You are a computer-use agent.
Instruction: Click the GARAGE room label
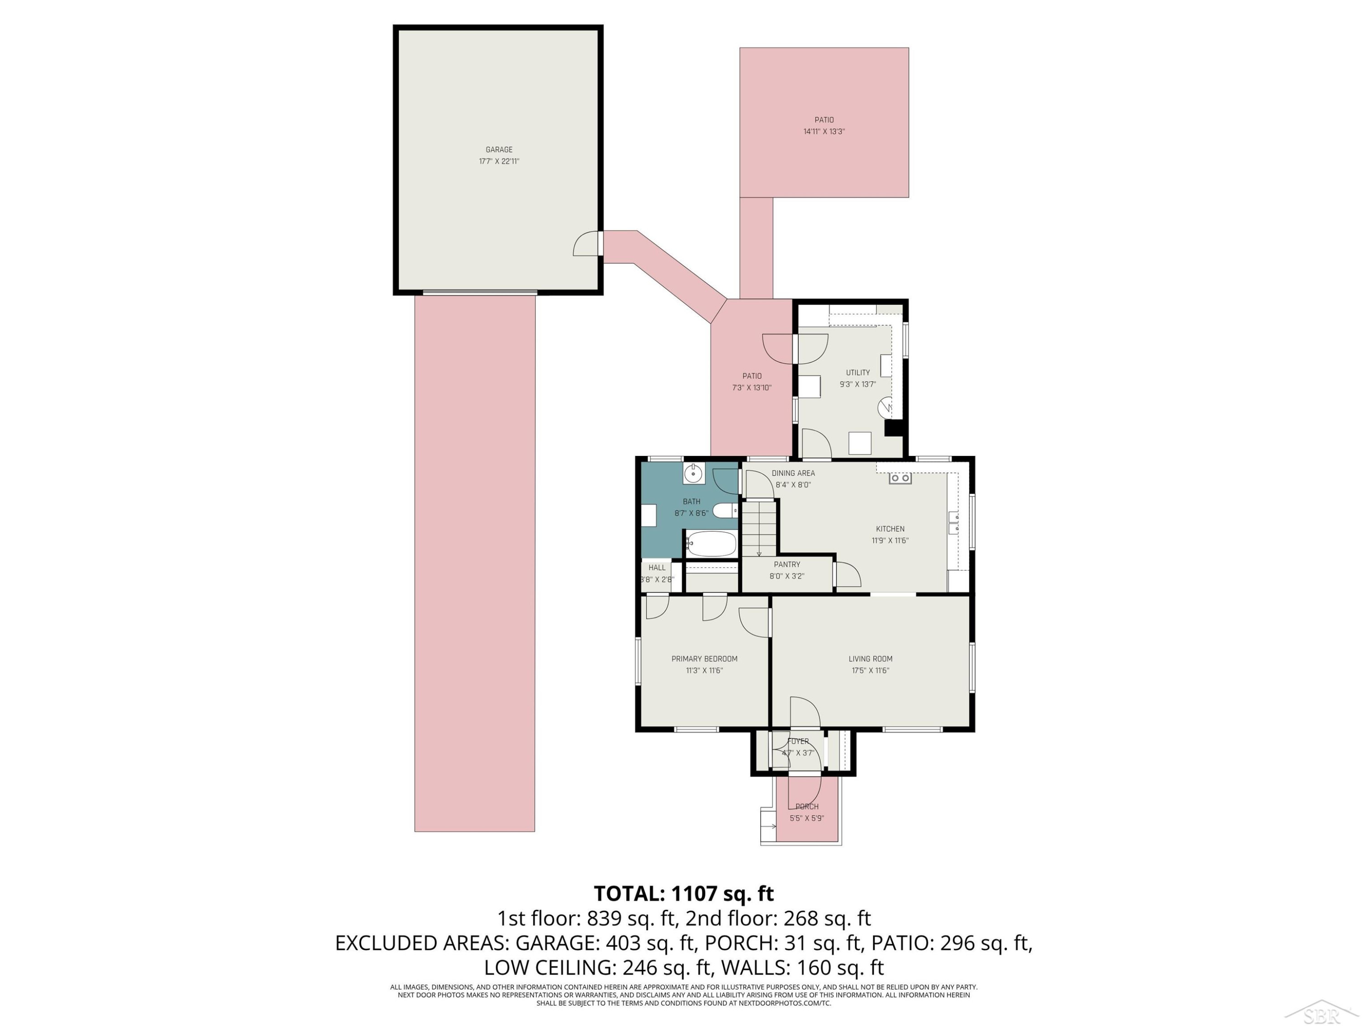click(x=498, y=150)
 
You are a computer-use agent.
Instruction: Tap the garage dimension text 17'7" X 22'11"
click(x=498, y=161)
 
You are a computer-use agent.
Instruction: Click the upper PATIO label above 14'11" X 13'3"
click(x=824, y=120)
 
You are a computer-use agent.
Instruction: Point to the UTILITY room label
click(x=858, y=372)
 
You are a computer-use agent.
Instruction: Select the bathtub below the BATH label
click(x=710, y=544)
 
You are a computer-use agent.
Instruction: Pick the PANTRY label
click(x=787, y=565)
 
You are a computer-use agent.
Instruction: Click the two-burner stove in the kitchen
click(x=900, y=478)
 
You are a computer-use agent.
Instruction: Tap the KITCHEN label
click(x=890, y=529)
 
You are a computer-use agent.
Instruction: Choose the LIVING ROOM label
click(x=870, y=658)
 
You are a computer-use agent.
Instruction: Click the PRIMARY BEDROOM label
click(x=705, y=658)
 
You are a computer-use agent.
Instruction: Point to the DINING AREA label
click(x=793, y=473)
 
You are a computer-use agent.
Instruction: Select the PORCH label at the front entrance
click(x=807, y=807)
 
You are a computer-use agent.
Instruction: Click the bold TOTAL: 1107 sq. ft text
click(x=684, y=894)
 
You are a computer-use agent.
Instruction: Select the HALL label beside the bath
click(x=657, y=568)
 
